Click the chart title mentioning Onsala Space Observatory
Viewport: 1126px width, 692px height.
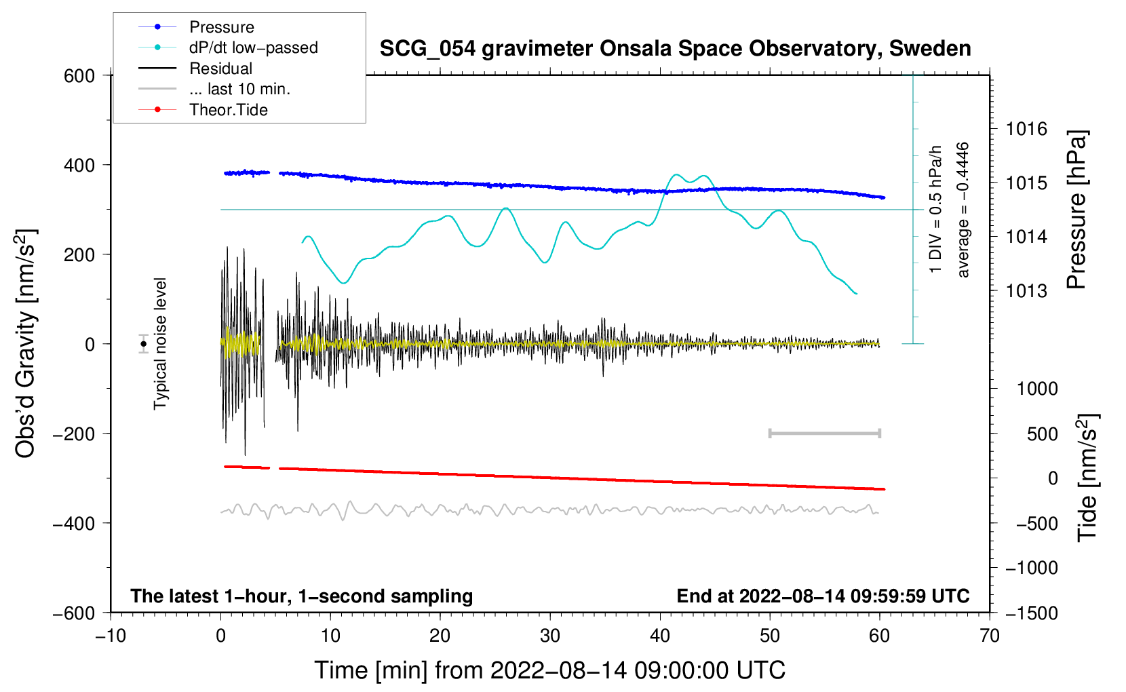coord(675,49)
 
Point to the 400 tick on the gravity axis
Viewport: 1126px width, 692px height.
coord(79,165)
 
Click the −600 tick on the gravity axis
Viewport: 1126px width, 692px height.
coord(74,613)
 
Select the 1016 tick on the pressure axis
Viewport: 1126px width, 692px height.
coord(1026,129)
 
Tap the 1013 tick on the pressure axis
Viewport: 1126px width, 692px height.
coord(1026,291)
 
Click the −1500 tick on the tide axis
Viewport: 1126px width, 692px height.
coord(1031,613)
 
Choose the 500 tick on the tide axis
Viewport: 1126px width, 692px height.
coord(1042,434)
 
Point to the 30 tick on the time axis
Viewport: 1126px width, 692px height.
coord(550,636)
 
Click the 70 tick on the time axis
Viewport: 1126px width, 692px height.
coord(990,636)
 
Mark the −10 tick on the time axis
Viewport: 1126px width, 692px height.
coord(111,636)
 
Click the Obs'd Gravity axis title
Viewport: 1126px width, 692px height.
coord(26,343)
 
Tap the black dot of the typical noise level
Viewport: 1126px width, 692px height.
coord(144,344)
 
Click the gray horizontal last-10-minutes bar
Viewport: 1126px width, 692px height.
coord(824,434)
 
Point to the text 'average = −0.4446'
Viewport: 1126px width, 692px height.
coord(963,210)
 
